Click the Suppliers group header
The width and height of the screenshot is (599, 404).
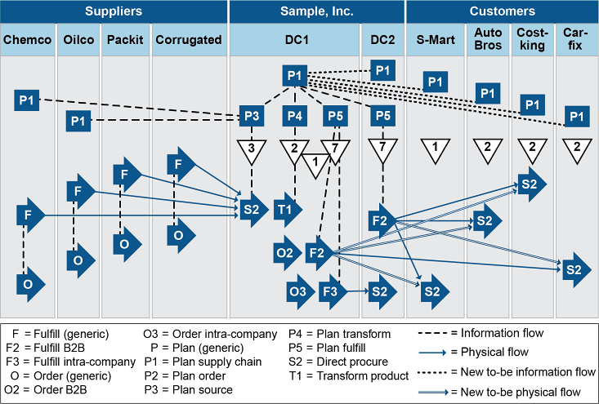(x=113, y=11)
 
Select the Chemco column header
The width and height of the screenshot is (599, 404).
(x=28, y=40)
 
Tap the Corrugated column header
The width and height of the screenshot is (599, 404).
(x=188, y=40)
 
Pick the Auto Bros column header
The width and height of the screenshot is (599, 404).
(x=488, y=39)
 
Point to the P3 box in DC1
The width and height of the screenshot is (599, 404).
(x=252, y=117)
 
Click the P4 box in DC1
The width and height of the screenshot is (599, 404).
(x=295, y=117)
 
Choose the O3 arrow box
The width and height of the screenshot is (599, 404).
(x=299, y=291)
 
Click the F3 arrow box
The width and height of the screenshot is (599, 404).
(x=331, y=291)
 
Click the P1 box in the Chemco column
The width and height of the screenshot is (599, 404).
(x=27, y=100)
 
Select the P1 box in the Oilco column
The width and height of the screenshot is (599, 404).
(x=78, y=122)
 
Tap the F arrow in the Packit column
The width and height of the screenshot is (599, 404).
(x=127, y=174)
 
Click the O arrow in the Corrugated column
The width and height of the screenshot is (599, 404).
(x=178, y=235)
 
